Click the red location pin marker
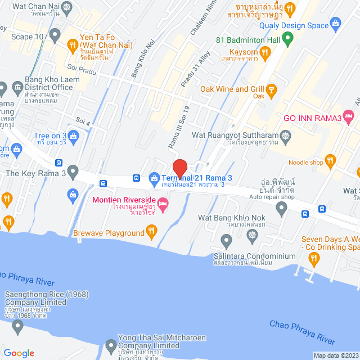click(x=179, y=168)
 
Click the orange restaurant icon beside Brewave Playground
click(x=151, y=229)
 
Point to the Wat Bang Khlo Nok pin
click(x=226, y=241)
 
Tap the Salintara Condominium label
click(x=254, y=256)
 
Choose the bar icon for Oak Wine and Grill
click(x=271, y=89)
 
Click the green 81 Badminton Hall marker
click(x=287, y=40)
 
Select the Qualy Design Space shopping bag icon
click(x=336, y=24)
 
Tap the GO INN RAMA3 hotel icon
click(x=349, y=117)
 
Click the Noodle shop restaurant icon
click(x=330, y=161)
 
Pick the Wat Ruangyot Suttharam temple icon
click(x=286, y=136)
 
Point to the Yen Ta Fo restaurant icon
click(x=73, y=43)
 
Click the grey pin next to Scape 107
click(x=55, y=37)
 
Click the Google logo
click(x=19, y=353)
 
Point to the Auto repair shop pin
click(x=281, y=209)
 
